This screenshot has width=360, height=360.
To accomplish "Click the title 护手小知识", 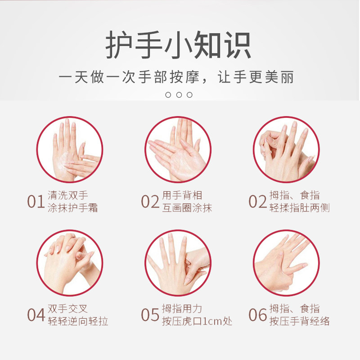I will click(x=179, y=45).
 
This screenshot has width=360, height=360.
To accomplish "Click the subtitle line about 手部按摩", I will click(x=177, y=77).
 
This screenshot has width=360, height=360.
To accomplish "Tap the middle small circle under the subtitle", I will click(x=179, y=94).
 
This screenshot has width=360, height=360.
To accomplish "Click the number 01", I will click(x=36, y=202).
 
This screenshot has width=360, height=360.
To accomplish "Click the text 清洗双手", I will click(x=68, y=196).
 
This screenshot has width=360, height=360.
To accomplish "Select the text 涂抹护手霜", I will click(x=73, y=208).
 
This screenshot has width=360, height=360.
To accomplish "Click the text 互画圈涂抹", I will click(x=187, y=208).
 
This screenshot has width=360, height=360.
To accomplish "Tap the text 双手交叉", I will click(x=67, y=309).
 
